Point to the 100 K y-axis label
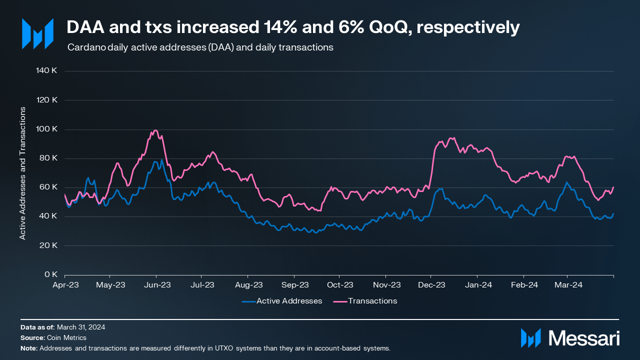pos(48,129)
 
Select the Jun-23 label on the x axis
pos(157,285)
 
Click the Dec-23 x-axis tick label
pos(431,285)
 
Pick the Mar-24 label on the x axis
pos(568,285)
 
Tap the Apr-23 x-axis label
pos(65,285)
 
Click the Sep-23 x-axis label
pos(295,285)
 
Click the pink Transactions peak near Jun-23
pos(155,130)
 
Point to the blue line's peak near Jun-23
pos(161,160)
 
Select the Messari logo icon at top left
pos(37,34)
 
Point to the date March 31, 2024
pos(81,327)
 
